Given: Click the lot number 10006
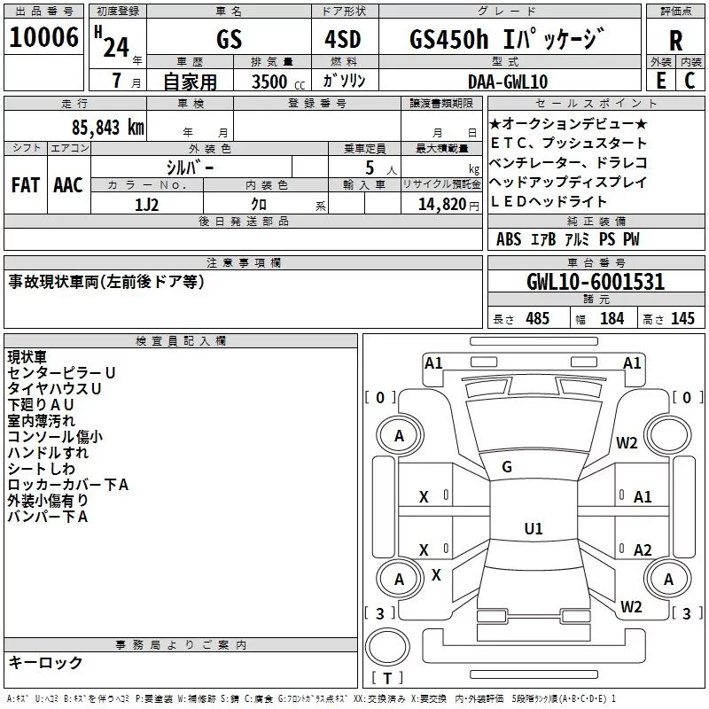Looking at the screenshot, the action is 43,38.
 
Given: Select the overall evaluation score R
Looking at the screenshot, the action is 675,41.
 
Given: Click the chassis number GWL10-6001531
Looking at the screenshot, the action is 595,282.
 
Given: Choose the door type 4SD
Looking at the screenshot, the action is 344,39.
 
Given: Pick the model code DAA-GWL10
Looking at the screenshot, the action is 508,82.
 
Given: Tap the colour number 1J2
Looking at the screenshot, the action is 147,205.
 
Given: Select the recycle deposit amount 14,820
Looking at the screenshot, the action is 441,205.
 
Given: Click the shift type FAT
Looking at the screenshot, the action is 25,185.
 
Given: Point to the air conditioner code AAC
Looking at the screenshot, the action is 67,185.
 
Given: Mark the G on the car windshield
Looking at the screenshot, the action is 507,466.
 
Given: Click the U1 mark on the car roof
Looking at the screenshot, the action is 533,528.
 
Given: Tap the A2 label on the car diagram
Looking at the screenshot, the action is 643,549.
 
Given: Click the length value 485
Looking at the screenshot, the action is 537,318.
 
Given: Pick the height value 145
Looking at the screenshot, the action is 682,318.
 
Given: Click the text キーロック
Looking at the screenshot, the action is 45,662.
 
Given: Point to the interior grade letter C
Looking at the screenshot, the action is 690,81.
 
